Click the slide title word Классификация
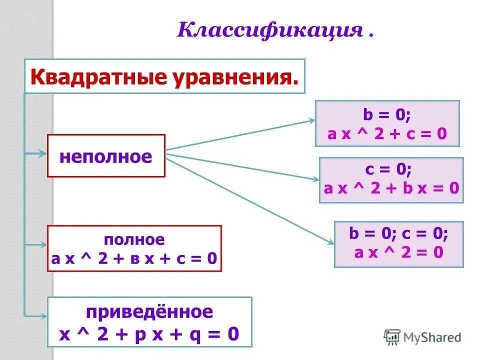[269, 30]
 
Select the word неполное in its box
[105, 156]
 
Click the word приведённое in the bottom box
[149, 312]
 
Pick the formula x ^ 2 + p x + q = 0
[149, 333]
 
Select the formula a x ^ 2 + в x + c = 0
[134, 258]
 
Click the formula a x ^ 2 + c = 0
[387, 134]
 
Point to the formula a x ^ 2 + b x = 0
[391, 188]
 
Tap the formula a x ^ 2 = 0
[398, 252]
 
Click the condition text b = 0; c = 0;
[398, 233]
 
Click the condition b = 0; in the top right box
[386, 115]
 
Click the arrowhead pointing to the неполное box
[43, 154]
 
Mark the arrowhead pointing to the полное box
[43, 245]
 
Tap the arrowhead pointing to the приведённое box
[43, 314]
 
